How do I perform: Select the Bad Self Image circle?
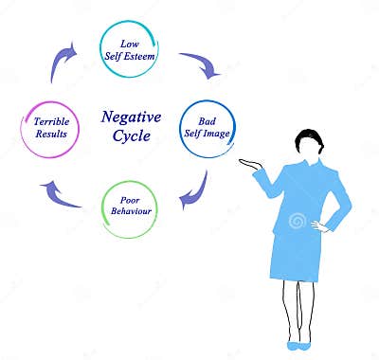click(207, 129)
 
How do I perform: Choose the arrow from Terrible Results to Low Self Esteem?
click(63, 63)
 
